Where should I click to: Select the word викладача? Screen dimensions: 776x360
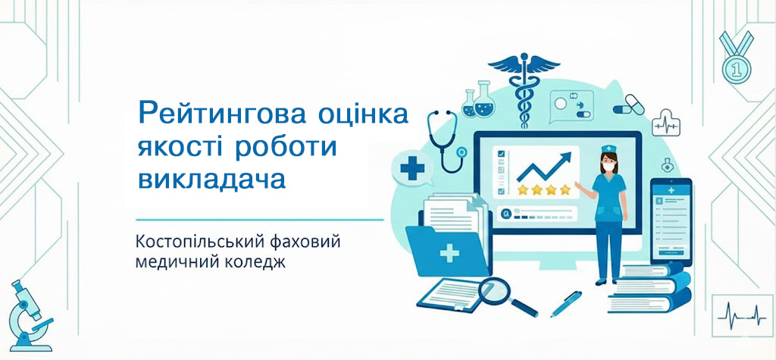point(212,180)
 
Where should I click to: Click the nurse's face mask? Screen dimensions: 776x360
point(608,167)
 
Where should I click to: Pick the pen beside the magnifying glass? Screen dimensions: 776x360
point(566,304)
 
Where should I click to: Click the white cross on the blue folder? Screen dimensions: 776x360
point(449,255)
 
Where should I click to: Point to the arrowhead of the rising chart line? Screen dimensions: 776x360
point(564,158)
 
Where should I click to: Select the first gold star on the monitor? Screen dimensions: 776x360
point(524,189)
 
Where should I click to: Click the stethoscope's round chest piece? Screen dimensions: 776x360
point(462,152)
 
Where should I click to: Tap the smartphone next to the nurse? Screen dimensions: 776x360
point(671,221)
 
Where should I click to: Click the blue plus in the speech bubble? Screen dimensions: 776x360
point(412,167)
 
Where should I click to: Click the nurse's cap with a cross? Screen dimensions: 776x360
point(608,149)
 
